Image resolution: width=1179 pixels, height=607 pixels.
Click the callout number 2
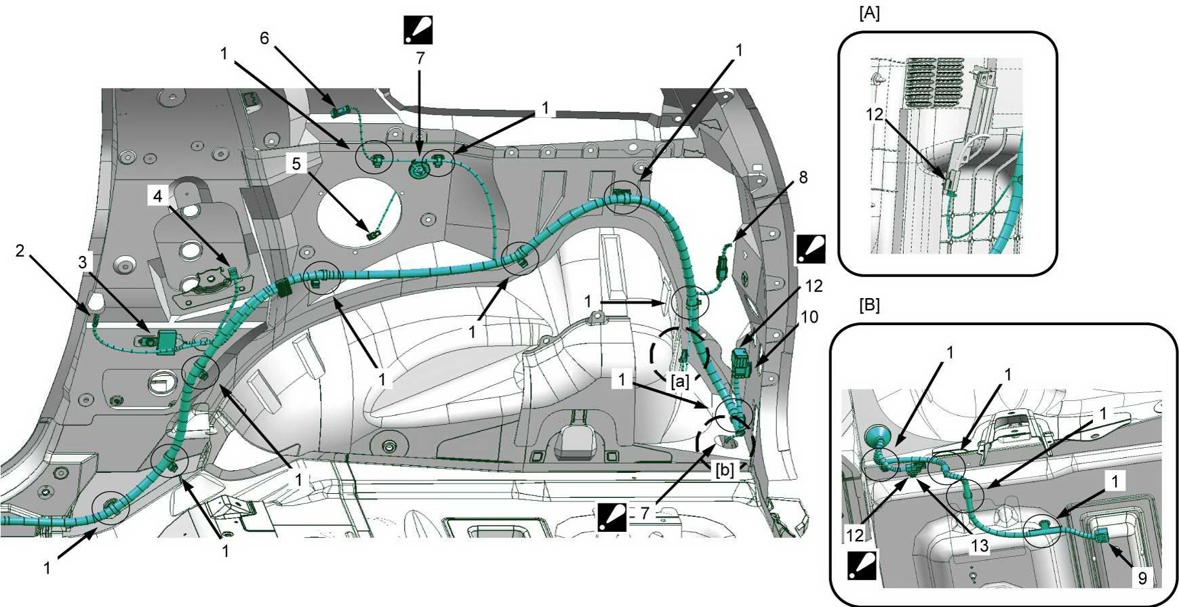[20, 251]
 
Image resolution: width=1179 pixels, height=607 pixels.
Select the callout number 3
[83, 262]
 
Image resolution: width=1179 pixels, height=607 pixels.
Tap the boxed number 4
[158, 196]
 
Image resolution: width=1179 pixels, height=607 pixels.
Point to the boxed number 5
[296, 163]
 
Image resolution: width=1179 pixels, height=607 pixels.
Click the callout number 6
[264, 38]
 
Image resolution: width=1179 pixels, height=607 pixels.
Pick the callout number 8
[803, 177]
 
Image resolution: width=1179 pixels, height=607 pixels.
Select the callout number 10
[810, 317]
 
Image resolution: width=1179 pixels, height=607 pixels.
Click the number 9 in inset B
[1142, 578]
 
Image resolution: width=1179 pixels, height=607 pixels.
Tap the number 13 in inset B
[980, 545]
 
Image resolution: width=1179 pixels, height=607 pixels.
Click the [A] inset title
[869, 14]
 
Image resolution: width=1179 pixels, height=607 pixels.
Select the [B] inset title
[869, 306]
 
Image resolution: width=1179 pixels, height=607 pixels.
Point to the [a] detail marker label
[679, 381]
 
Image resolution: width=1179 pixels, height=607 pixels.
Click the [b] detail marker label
[725, 469]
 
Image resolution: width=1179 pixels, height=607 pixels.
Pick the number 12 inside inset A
[875, 114]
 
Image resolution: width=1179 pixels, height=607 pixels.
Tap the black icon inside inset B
[862, 565]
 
